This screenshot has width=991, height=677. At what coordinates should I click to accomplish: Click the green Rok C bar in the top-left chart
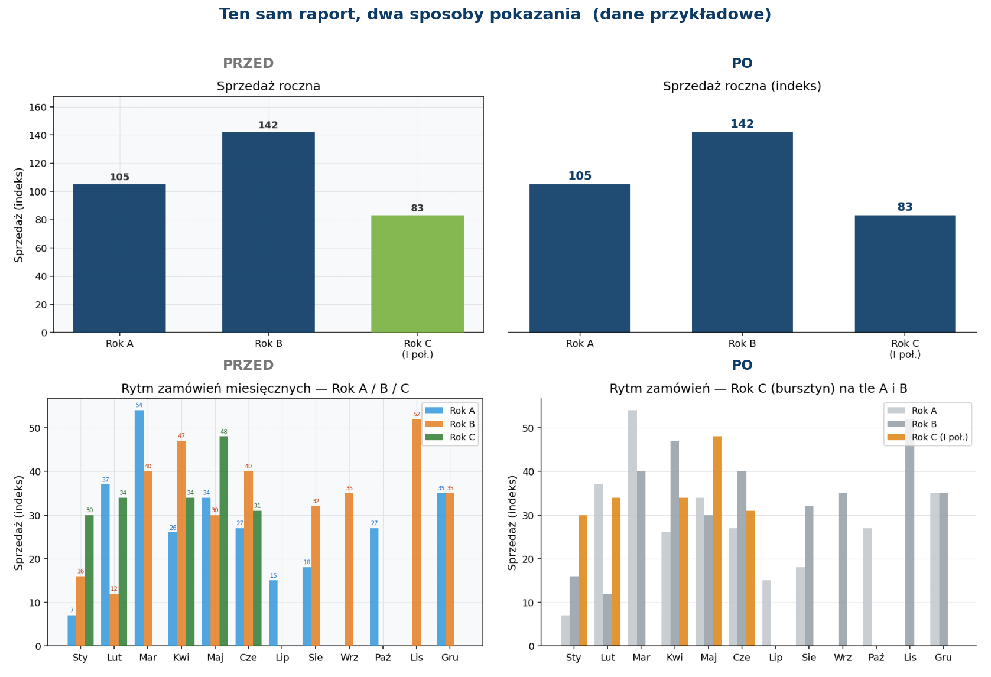pyautogui.click(x=417, y=274)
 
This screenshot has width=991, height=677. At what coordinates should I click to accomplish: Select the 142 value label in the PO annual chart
pyautogui.click(x=742, y=124)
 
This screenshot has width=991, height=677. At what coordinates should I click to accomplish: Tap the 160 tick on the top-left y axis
pyautogui.click(x=38, y=108)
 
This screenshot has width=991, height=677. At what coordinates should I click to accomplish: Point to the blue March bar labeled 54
pyautogui.click(x=139, y=528)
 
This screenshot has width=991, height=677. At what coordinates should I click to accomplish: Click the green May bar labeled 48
pyautogui.click(x=224, y=541)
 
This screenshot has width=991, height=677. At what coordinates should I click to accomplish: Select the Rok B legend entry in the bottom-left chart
pyautogui.click(x=450, y=424)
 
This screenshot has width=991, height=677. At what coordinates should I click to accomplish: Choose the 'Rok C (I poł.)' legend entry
pyautogui.click(x=928, y=437)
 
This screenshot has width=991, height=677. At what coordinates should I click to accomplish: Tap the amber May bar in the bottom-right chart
pyautogui.click(x=717, y=541)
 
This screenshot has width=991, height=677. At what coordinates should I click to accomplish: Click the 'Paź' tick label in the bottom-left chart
pyautogui.click(x=383, y=658)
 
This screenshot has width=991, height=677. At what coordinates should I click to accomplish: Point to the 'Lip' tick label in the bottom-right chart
pyautogui.click(x=775, y=658)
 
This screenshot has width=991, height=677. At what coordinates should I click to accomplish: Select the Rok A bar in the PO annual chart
pyautogui.click(x=580, y=258)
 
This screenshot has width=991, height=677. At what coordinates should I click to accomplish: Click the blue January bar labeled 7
pyautogui.click(x=72, y=630)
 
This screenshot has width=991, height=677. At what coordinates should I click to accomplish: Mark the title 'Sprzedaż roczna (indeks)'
pyautogui.click(x=742, y=86)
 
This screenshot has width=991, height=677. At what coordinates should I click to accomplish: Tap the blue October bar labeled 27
pyautogui.click(x=374, y=587)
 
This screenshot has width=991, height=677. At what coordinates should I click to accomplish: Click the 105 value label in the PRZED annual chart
pyautogui.click(x=119, y=177)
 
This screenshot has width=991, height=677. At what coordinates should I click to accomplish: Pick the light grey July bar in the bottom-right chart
pyautogui.click(x=766, y=613)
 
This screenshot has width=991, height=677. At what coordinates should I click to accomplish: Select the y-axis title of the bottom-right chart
pyautogui.click(x=512, y=523)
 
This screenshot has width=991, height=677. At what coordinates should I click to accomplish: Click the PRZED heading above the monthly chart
pyautogui.click(x=248, y=365)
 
